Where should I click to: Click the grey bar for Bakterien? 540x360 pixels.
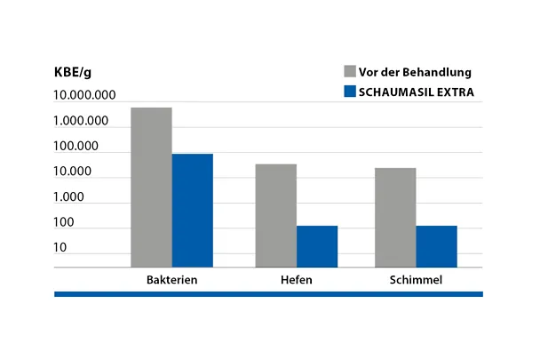click(x=151, y=187)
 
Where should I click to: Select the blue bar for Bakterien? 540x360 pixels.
click(x=192, y=210)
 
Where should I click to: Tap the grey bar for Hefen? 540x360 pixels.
click(x=275, y=215)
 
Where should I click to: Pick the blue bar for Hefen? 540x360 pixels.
click(x=317, y=246)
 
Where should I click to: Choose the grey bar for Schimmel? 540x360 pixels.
click(x=395, y=217)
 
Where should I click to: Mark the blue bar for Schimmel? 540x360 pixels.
click(x=436, y=246)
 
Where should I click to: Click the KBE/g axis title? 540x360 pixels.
click(x=74, y=73)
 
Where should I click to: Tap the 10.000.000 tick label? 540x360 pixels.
click(x=85, y=95)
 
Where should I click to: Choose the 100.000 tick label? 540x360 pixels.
click(x=77, y=146)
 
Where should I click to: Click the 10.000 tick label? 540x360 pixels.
click(x=74, y=172)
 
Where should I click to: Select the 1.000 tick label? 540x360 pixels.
click(x=71, y=196)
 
